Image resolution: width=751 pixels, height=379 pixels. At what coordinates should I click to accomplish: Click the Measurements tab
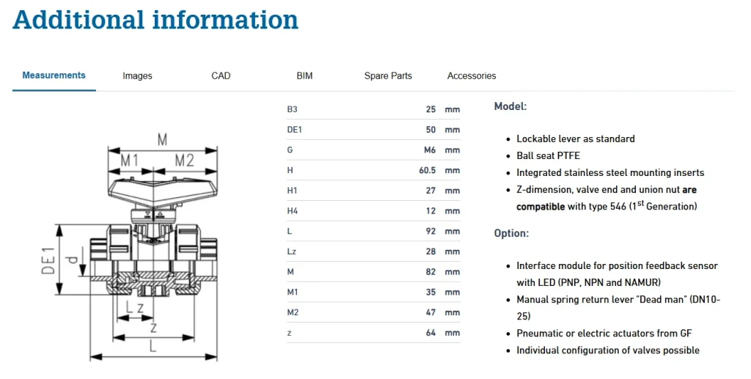[x=54, y=76]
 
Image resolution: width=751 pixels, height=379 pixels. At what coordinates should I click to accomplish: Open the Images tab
[x=137, y=76]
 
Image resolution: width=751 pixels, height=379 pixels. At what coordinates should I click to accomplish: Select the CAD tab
[x=221, y=76]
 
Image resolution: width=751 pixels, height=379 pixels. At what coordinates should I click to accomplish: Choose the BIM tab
[x=304, y=76]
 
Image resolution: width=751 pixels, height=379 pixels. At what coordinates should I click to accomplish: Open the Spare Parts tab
[x=388, y=76]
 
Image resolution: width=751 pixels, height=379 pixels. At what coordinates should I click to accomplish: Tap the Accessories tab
[x=472, y=76]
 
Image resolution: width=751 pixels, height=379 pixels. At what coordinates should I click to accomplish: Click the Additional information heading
[x=155, y=20]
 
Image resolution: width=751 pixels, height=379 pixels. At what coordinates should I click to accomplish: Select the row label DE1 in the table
[x=296, y=130]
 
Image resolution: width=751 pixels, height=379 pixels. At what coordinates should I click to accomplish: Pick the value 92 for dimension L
[x=431, y=231]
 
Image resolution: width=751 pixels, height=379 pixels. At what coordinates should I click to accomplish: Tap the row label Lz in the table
[x=292, y=251]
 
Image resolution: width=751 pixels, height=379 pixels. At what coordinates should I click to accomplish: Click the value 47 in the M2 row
[x=431, y=312]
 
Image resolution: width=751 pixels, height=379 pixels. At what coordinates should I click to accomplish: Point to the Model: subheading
[x=510, y=106]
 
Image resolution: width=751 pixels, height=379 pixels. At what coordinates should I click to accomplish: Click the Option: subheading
[x=511, y=233]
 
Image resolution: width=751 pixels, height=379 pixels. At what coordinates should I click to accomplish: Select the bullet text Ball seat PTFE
[x=548, y=155]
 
